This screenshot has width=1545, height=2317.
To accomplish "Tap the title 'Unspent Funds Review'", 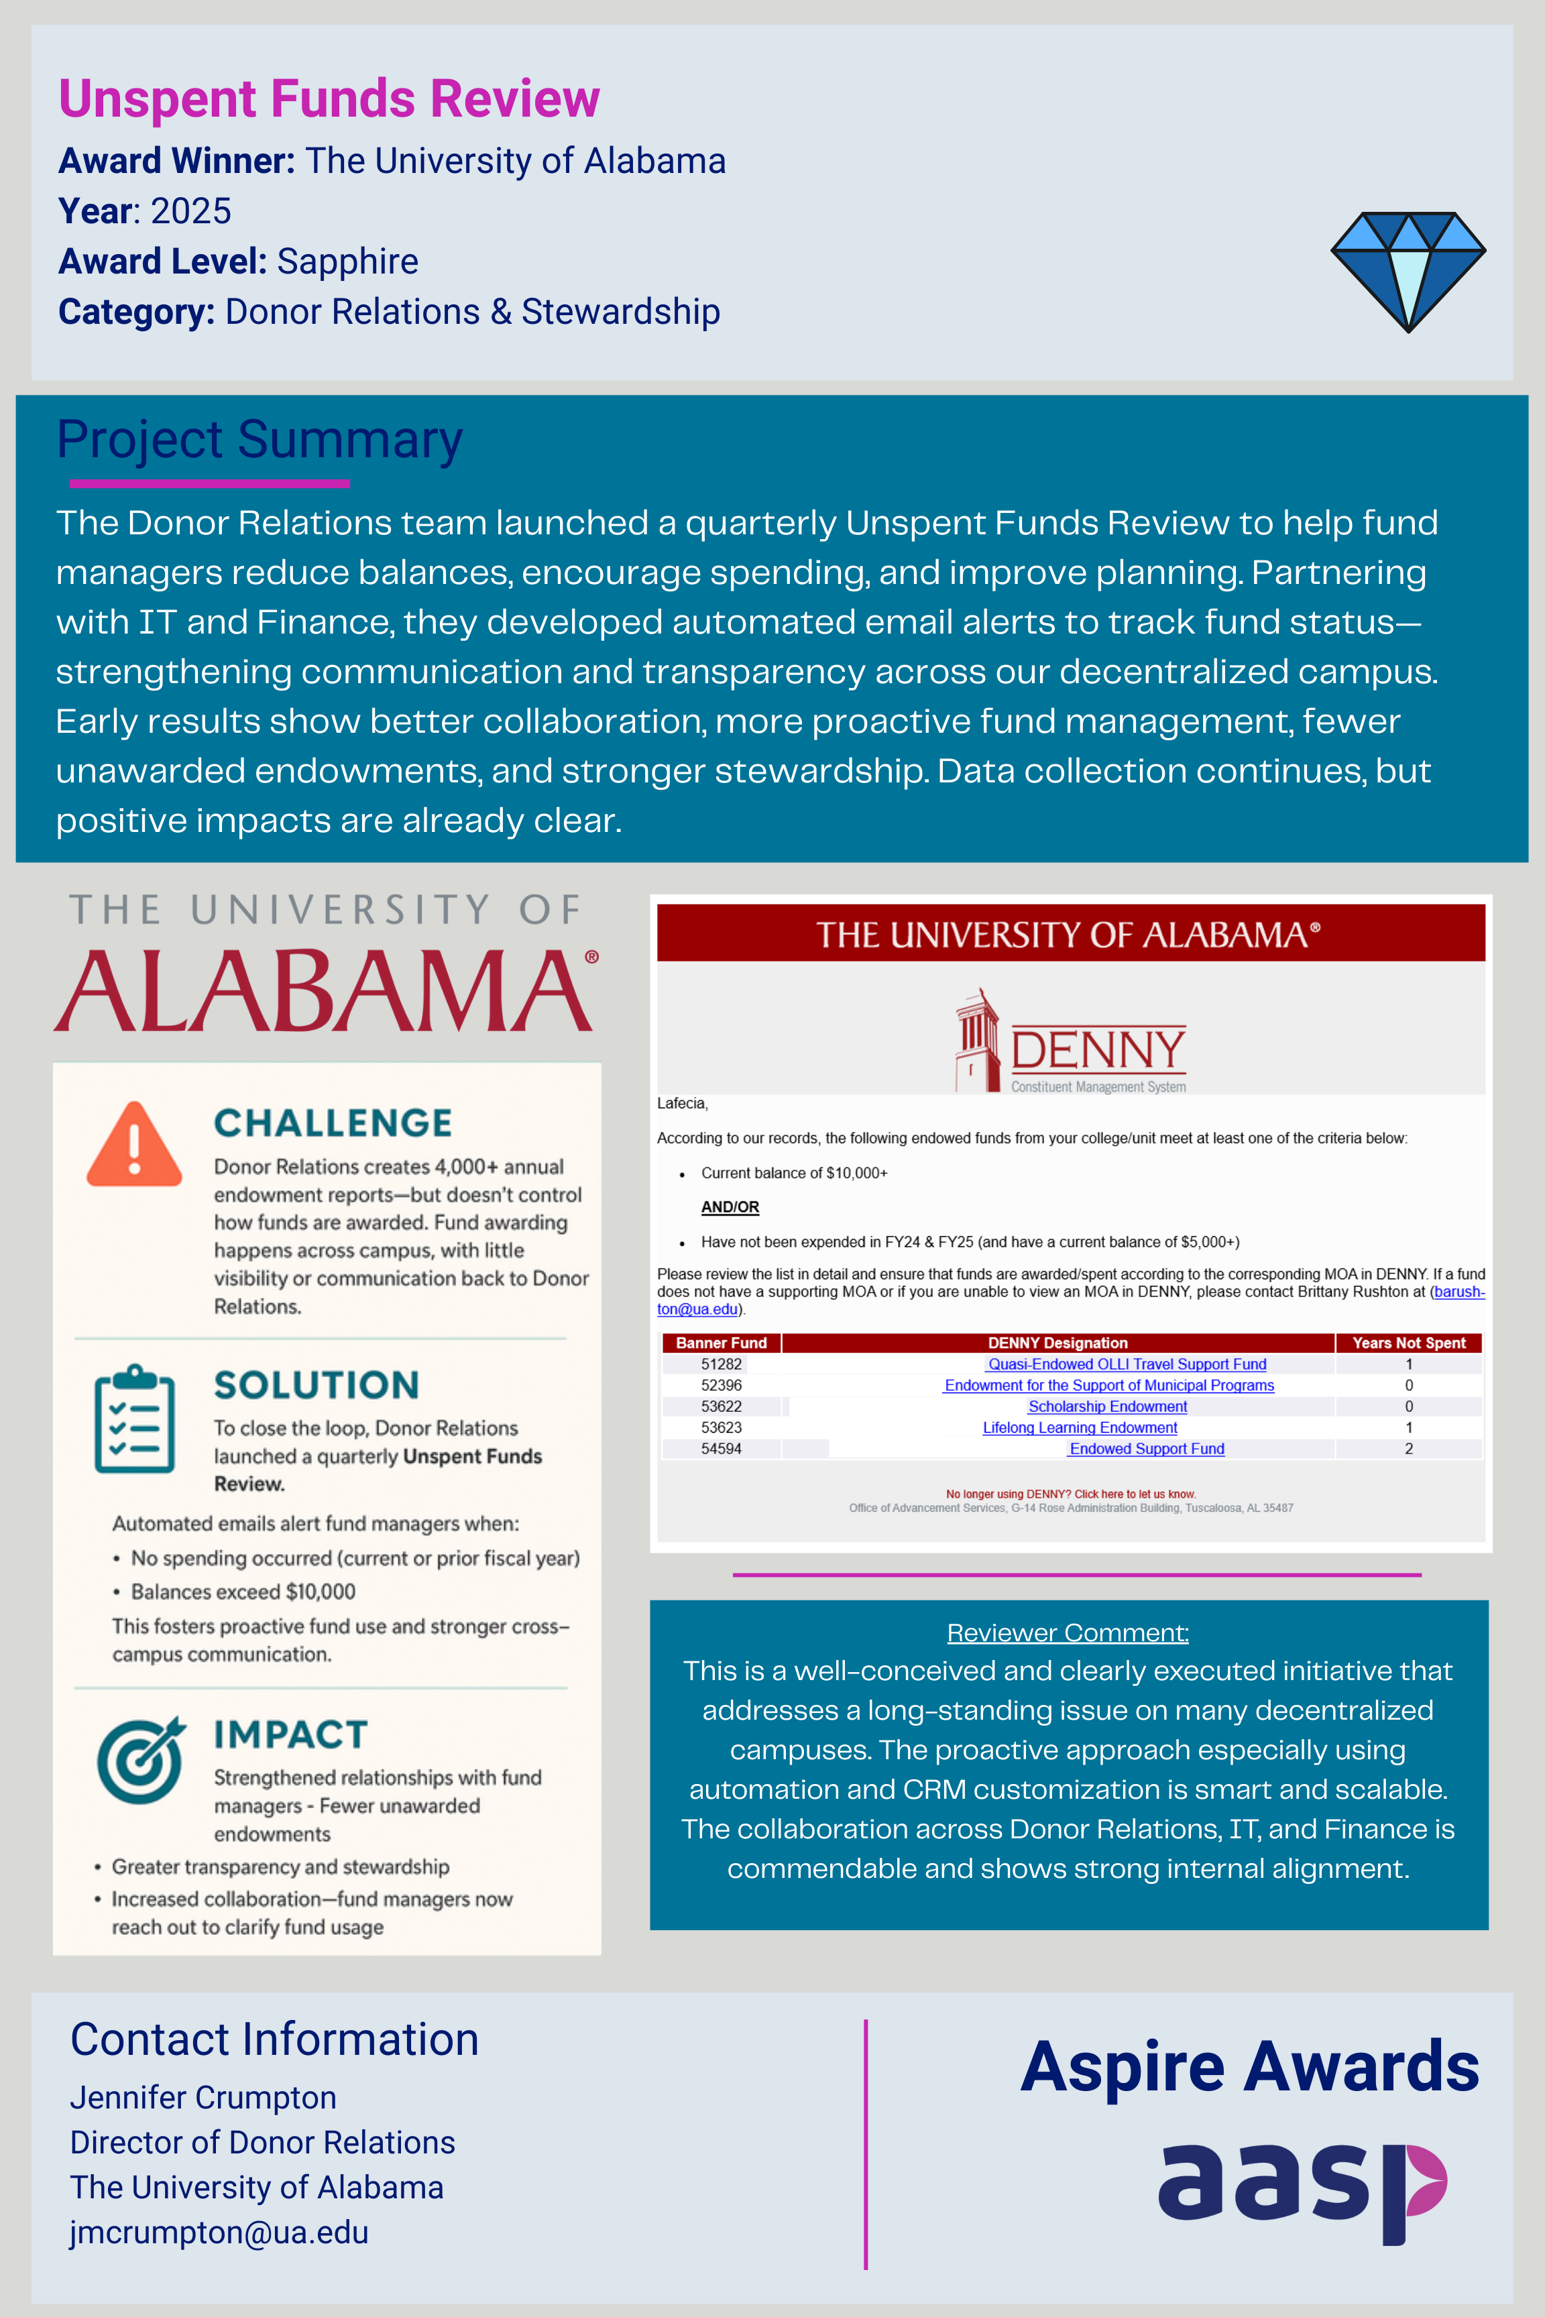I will click(329, 99).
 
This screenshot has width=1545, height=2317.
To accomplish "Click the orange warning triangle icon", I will click(135, 1146).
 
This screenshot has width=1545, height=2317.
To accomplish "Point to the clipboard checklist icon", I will click(135, 1419).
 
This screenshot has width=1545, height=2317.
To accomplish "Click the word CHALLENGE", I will click(333, 1123).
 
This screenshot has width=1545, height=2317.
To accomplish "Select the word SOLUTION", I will click(317, 1385).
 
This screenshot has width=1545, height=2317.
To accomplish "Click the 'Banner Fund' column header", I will click(722, 1343).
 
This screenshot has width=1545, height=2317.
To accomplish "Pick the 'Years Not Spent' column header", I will click(1408, 1343).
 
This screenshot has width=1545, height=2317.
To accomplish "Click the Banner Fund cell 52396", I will click(722, 1385).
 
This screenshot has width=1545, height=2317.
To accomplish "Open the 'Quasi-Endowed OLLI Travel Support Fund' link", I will click(1127, 1364).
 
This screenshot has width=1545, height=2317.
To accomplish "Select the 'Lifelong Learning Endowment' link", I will click(1080, 1427).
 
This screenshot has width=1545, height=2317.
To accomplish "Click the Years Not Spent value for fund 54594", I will click(1408, 1449).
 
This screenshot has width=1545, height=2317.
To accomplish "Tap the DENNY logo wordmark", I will click(1098, 1050).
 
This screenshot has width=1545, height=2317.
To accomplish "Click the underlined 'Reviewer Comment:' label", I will click(1068, 1632).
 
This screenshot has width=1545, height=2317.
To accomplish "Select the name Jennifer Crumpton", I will click(203, 2097).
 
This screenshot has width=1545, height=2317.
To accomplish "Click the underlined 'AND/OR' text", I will click(730, 1207).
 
